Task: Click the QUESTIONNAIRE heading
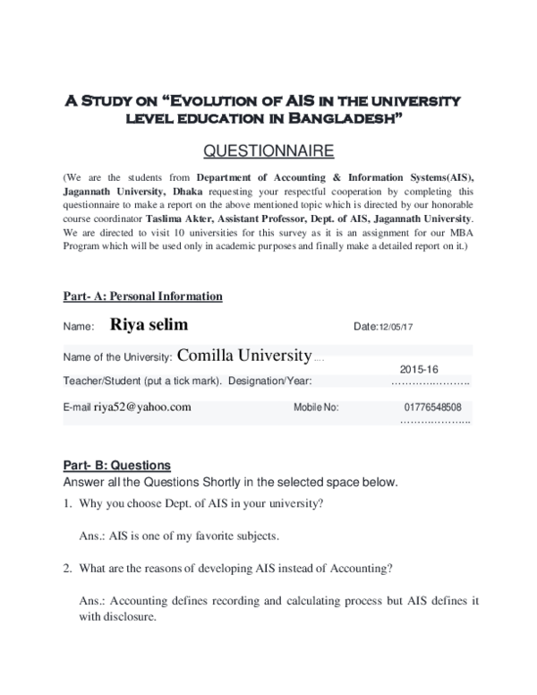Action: pyautogui.click(x=268, y=149)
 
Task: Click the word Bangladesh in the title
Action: pyautogui.click(x=356, y=117)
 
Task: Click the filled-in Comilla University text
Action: pyautogui.click(x=244, y=356)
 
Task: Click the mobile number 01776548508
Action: pyautogui.click(x=432, y=407)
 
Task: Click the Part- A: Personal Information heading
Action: pyautogui.click(x=142, y=296)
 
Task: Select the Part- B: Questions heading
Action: pyautogui.click(x=116, y=466)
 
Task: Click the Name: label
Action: pyautogui.click(x=79, y=328)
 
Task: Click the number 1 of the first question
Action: pyautogui.click(x=66, y=503)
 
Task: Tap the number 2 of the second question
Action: pyautogui.click(x=66, y=568)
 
